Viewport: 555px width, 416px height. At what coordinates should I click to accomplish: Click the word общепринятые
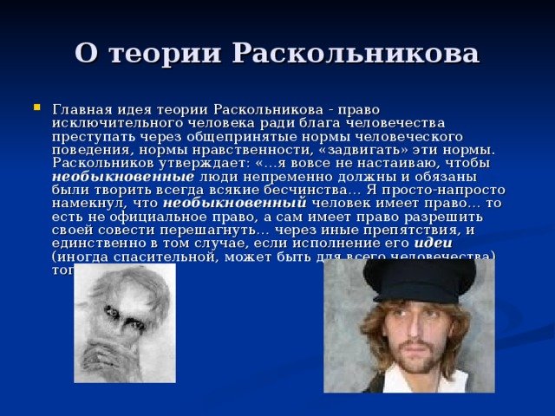(x=229, y=136)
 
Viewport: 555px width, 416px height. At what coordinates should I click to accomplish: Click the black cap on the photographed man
(x=420, y=278)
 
